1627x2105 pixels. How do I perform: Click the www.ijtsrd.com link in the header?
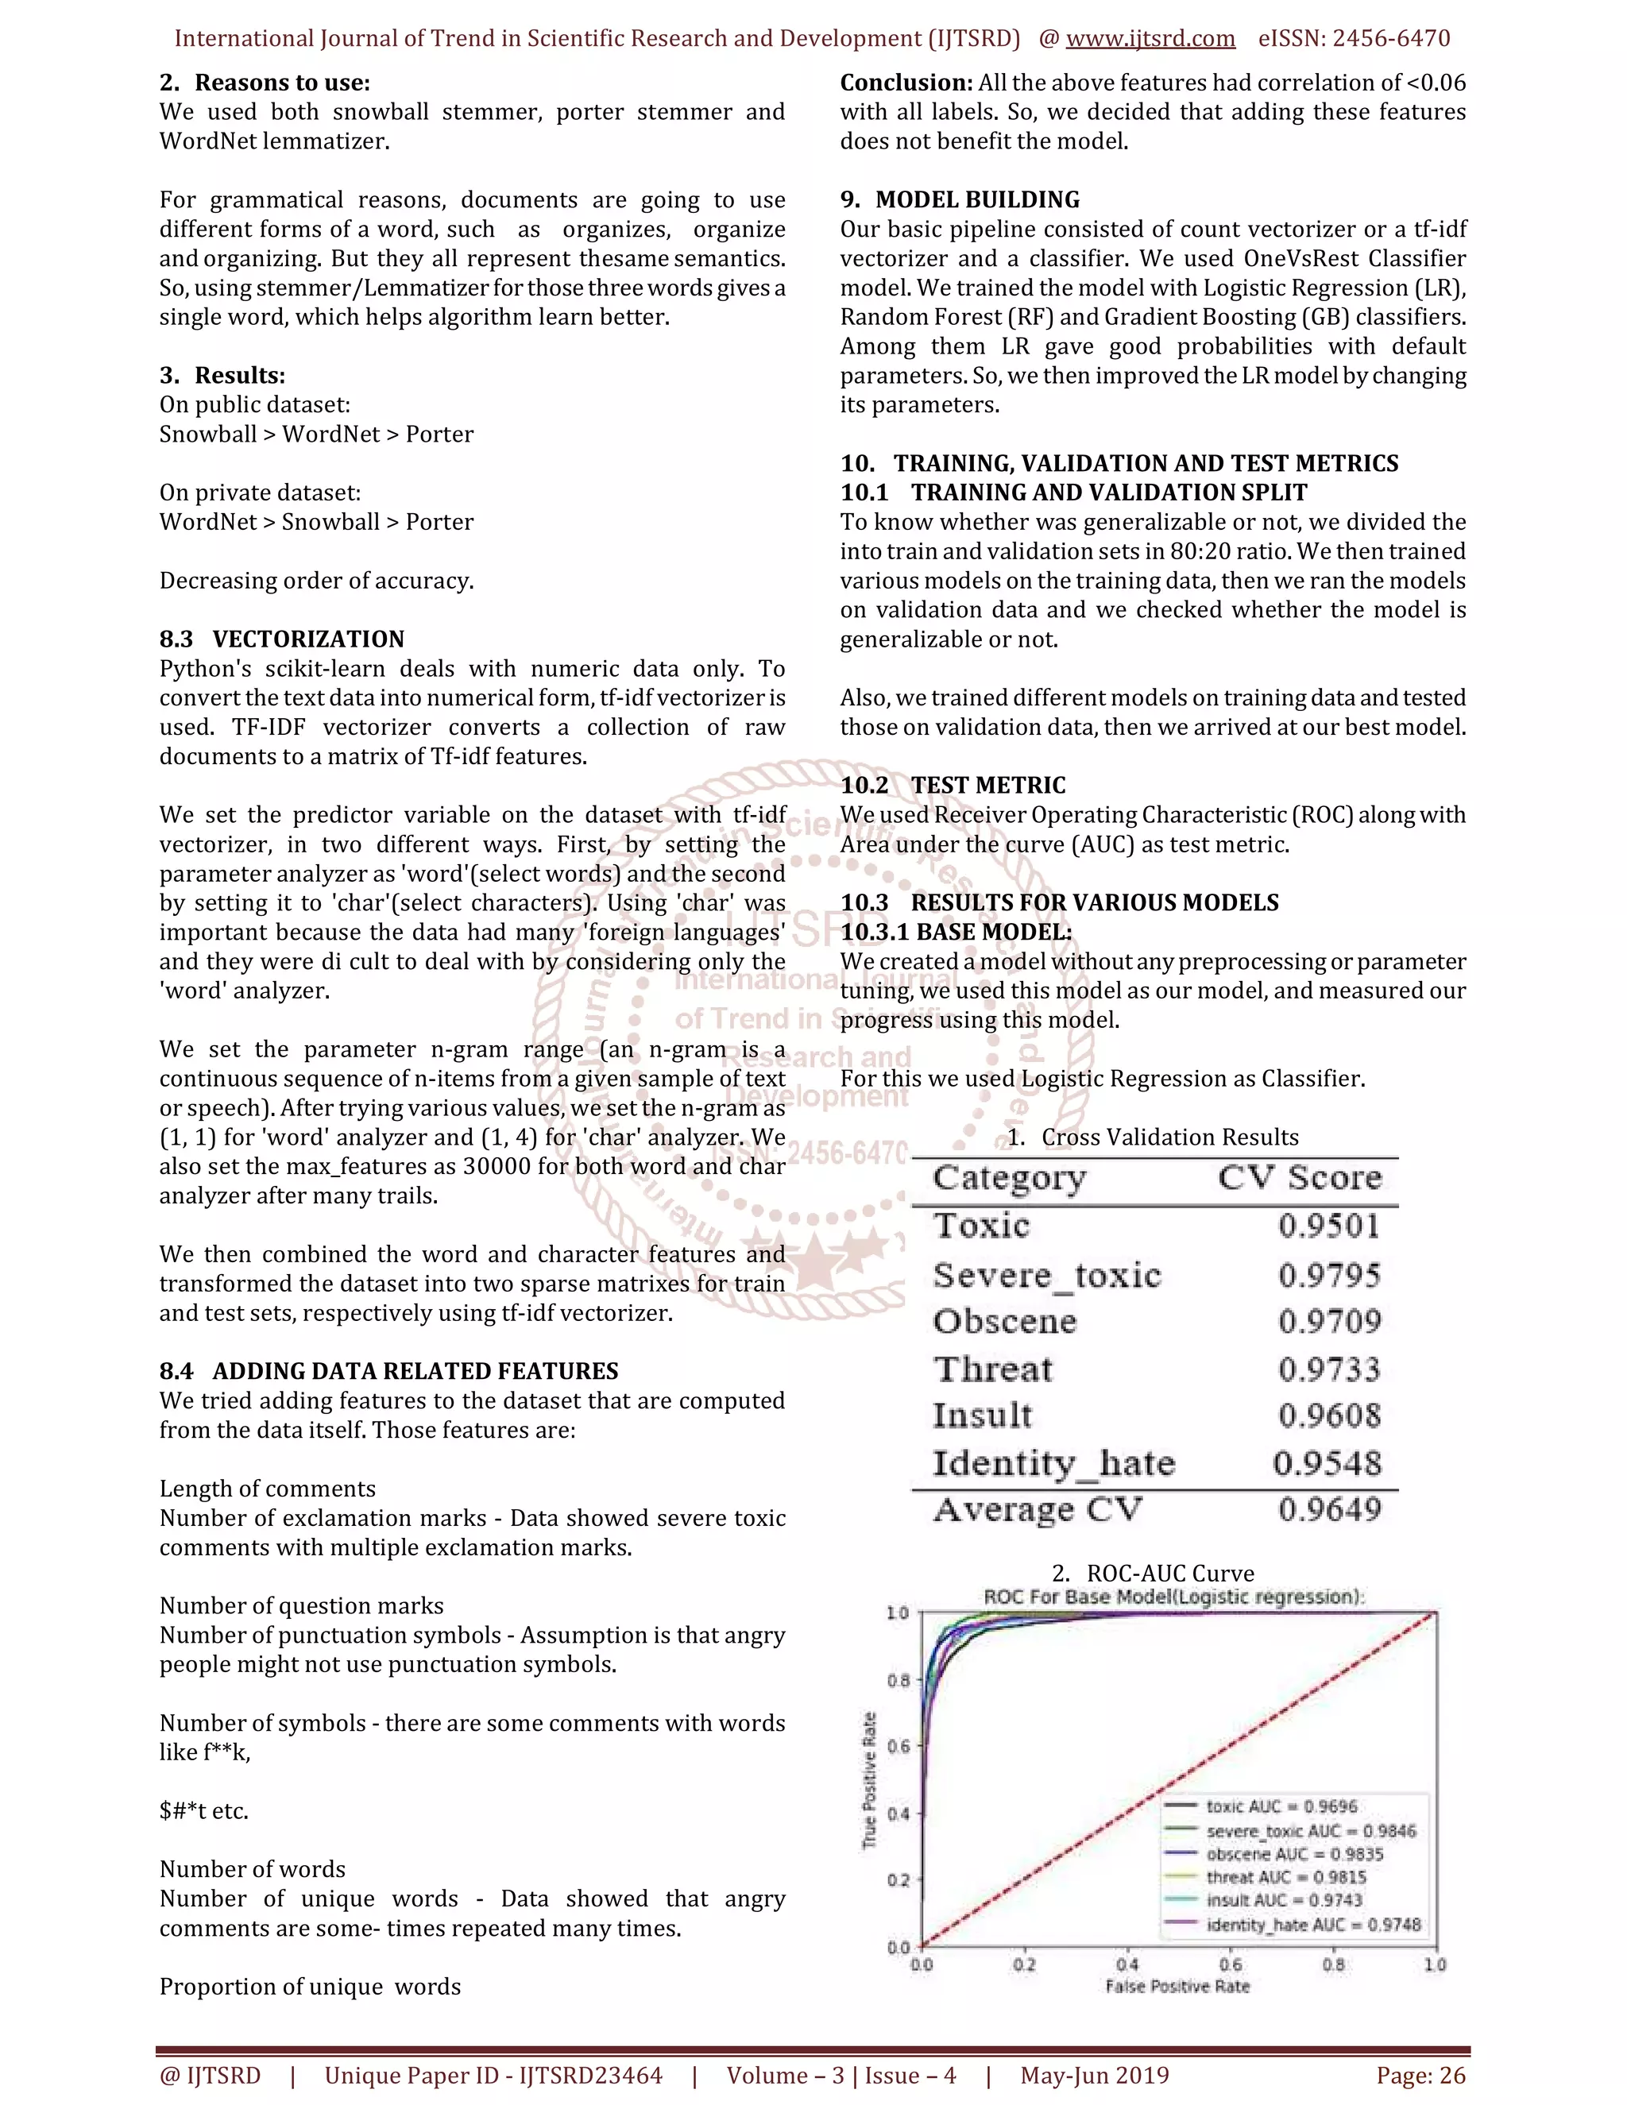tap(1150, 39)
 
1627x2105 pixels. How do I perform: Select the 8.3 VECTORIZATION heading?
tap(281, 639)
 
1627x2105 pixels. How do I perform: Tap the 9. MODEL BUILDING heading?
tap(959, 199)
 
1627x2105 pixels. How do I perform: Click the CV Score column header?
tap(1298, 1178)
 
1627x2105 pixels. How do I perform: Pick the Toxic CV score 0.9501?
tap(1329, 1226)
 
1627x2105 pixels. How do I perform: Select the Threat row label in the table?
tap(993, 1369)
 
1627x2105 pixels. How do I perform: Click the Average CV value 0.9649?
tap(1329, 1509)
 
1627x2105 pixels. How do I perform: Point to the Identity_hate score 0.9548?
tap(1326, 1463)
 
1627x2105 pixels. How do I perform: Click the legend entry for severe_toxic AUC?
tap(1310, 1830)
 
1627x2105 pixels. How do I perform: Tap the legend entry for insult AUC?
tap(1284, 1900)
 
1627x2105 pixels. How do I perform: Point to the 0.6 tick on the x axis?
tap(1230, 1964)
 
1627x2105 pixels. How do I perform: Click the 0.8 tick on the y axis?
tap(898, 1680)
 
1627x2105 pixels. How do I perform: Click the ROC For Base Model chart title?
tap(1173, 1597)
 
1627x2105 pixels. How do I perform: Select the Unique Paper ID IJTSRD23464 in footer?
tap(493, 2075)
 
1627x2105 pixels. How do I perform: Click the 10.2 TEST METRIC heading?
tap(953, 786)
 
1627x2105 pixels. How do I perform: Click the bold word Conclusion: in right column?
tap(906, 83)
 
